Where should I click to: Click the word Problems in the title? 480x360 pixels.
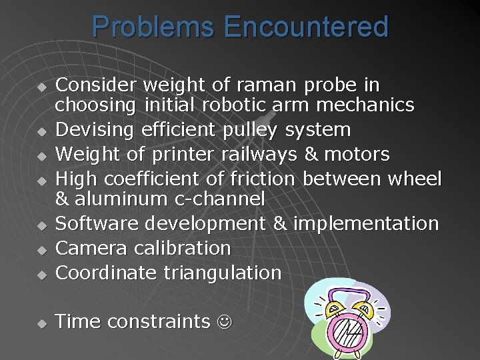click(x=154, y=27)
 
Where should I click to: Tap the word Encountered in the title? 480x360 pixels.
click(x=306, y=27)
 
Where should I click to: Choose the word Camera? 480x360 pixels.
click(x=92, y=248)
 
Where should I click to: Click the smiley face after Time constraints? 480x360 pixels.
click(x=223, y=322)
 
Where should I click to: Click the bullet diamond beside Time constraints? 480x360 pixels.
click(x=41, y=323)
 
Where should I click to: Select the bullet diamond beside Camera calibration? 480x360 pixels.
click(x=41, y=249)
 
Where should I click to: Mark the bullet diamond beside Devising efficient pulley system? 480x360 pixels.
click(x=41, y=131)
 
